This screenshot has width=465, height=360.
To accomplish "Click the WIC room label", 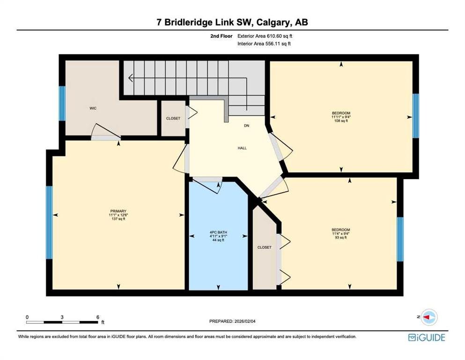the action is [93, 108].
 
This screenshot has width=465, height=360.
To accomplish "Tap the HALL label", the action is [242, 148].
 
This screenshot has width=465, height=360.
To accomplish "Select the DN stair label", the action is [246, 126].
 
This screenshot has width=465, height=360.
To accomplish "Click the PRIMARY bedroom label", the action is [118, 211].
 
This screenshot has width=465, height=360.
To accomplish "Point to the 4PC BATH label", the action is [218, 232].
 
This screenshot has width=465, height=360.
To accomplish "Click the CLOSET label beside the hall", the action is [173, 119].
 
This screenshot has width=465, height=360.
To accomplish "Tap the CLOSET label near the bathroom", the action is [264, 247].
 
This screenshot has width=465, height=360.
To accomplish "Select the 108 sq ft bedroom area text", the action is [341, 121].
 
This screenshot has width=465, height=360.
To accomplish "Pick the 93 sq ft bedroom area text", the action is [341, 238].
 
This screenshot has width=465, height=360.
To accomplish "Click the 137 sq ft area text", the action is [118, 219].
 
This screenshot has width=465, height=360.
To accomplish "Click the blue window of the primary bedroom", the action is [49, 223].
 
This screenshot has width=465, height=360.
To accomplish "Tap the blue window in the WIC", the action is [62, 103].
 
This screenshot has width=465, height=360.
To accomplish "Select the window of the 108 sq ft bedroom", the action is [416, 116].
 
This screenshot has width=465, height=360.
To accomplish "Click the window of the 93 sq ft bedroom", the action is [400, 239].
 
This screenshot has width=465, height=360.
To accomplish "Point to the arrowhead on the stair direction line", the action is [130, 78].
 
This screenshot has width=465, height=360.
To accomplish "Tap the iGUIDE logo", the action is [427, 337].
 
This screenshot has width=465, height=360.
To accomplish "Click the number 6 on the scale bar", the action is [97, 317].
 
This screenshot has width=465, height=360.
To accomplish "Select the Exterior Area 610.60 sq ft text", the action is [265, 36].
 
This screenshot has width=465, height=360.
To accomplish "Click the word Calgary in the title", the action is [274, 22].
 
